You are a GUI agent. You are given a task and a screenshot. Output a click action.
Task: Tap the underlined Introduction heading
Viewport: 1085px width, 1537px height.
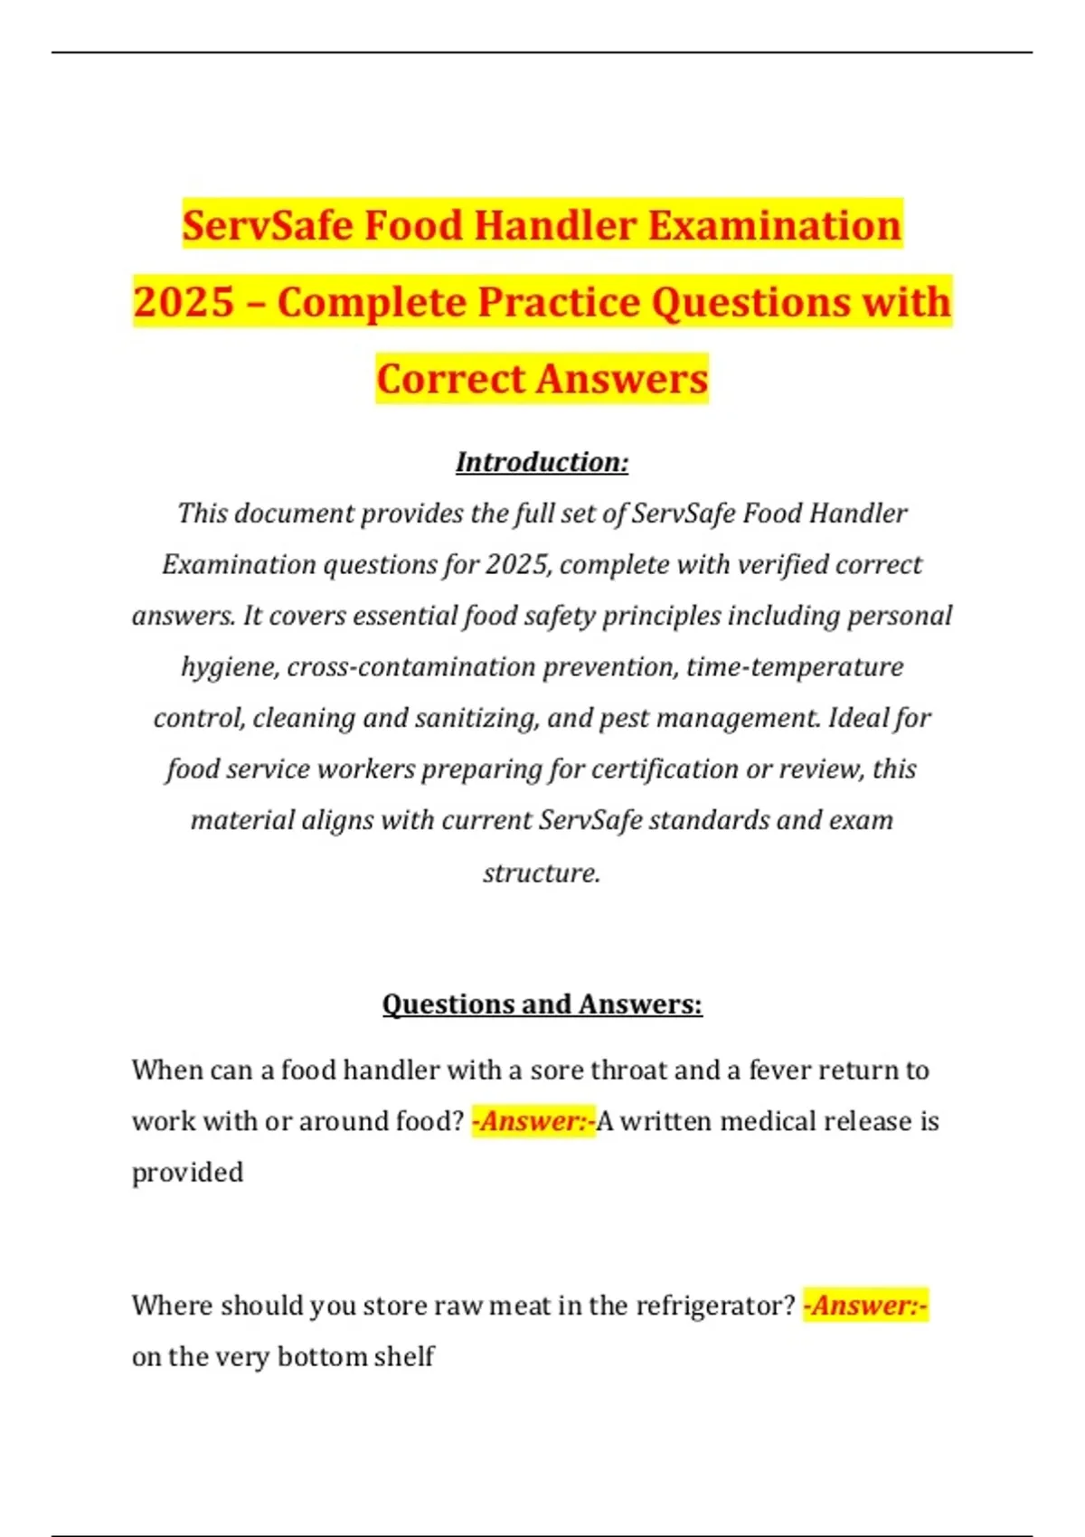[x=542, y=462]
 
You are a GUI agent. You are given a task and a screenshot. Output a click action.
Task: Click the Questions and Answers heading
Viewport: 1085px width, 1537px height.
[x=542, y=1004]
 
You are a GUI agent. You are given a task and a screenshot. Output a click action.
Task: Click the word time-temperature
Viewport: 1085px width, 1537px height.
[x=795, y=667]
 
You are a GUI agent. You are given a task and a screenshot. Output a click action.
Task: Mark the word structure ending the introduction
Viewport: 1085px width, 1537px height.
[x=541, y=872]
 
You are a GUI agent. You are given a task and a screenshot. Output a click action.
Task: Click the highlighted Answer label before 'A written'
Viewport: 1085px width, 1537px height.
[x=533, y=1122]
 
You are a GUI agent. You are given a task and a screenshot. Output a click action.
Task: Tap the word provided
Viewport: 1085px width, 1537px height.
[x=187, y=1173]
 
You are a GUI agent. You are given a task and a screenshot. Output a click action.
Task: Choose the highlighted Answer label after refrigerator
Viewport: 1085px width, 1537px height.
[x=865, y=1306]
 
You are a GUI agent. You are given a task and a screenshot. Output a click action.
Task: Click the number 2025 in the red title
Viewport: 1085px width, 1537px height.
[x=184, y=302]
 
